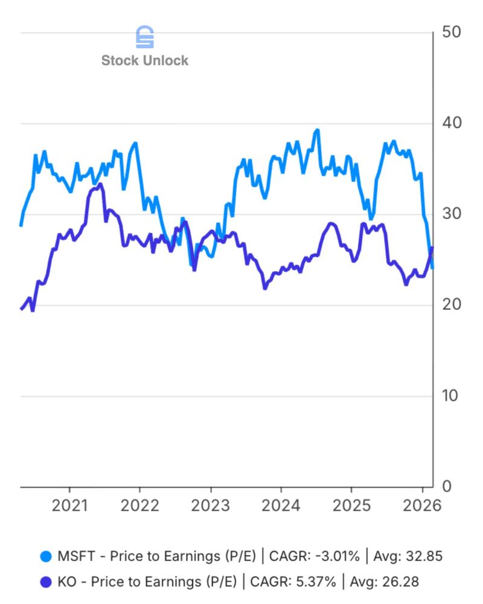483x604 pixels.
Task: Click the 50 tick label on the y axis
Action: coord(452,33)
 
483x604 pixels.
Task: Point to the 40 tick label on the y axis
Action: coord(452,123)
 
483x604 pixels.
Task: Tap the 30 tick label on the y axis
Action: coord(452,214)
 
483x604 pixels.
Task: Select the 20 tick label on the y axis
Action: coord(452,304)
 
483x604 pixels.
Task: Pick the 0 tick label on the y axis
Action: coord(447,486)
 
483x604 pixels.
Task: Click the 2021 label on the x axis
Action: coord(69,506)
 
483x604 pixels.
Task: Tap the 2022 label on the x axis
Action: coord(139,506)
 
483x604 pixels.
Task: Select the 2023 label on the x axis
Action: coord(210,506)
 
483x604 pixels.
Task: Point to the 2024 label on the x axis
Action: coord(280,506)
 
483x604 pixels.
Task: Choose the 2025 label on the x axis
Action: coord(351,506)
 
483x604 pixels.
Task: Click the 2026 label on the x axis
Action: coord(421,506)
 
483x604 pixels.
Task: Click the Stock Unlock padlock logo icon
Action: coord(145,37)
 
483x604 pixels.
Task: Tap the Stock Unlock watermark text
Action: coord(145,60)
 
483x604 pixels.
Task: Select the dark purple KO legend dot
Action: coord(45,582)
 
